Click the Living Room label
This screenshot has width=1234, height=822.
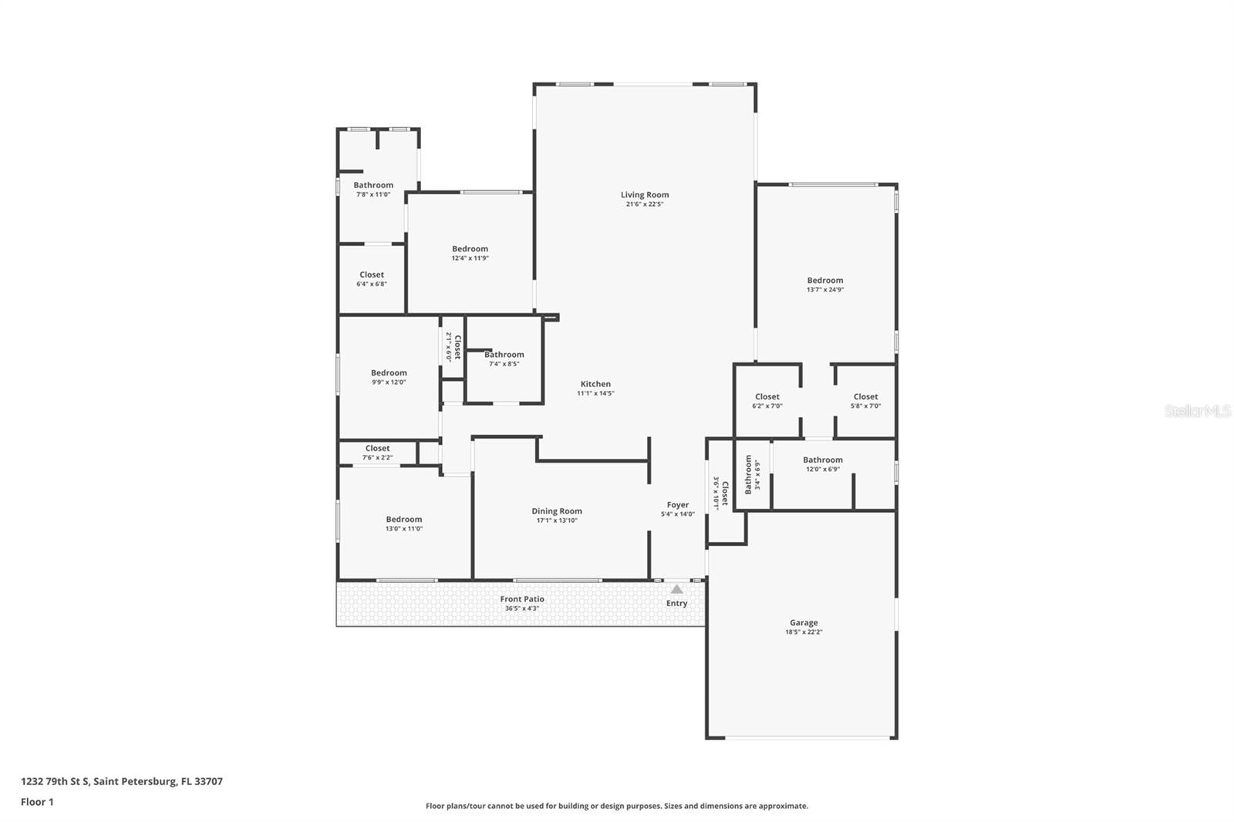645,195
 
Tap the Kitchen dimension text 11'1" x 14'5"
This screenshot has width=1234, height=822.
595,393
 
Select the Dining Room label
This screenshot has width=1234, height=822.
557,511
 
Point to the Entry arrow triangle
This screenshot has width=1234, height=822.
676,589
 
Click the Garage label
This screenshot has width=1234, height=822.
804,623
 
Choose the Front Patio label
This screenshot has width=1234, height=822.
522,599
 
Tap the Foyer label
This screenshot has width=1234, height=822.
678,505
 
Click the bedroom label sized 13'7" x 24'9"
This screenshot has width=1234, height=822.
825,281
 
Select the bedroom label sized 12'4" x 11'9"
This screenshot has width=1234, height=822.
470,249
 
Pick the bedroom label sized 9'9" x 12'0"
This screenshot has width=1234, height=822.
389,373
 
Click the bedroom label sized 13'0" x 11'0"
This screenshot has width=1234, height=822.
404,520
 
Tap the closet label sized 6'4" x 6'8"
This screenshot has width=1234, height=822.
372,275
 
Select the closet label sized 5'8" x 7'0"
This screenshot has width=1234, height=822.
865,397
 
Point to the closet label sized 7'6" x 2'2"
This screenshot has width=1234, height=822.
378,449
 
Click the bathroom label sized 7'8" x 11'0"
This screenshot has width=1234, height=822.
373,185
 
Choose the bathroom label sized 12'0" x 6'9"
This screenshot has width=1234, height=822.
823,460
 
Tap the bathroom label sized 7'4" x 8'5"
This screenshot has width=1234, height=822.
504,355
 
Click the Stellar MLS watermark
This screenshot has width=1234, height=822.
1197,411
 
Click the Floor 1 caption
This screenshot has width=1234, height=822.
37,802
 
